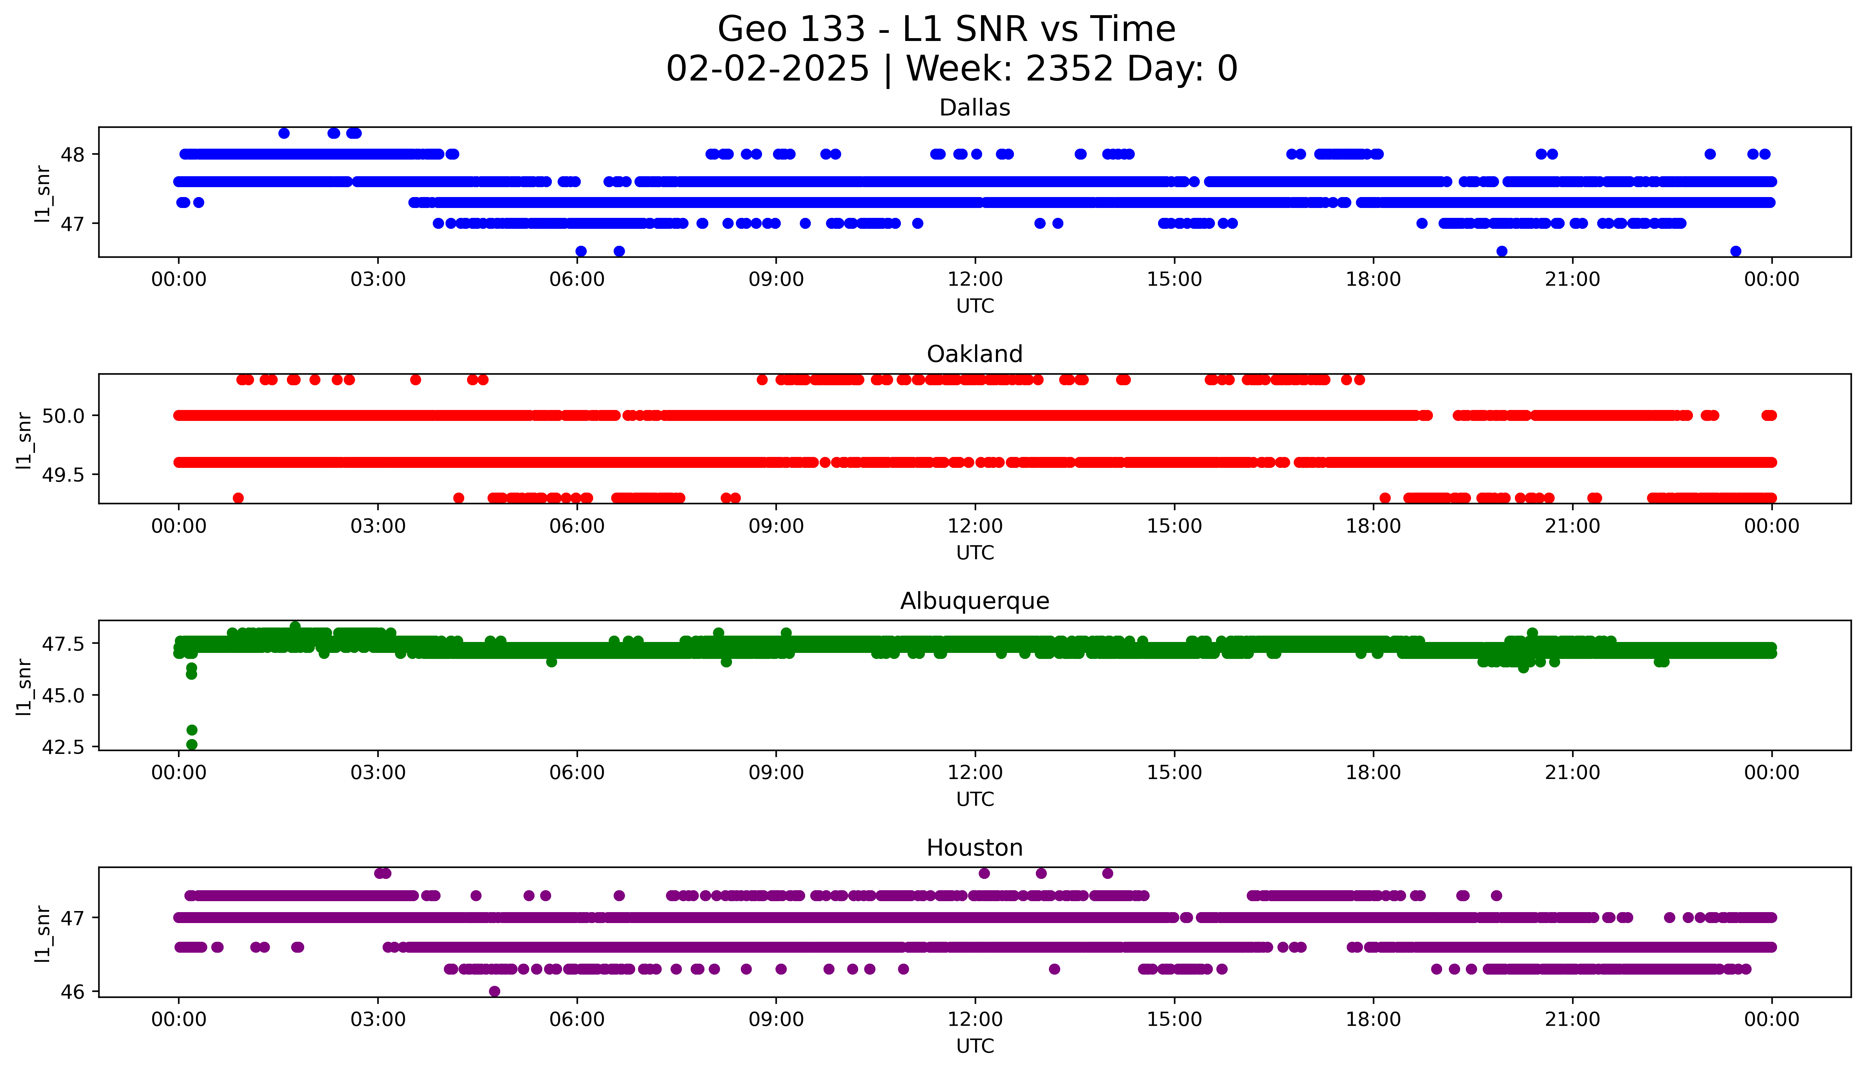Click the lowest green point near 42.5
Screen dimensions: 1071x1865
coord(192,744)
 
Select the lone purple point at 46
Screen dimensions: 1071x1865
coord(494,992)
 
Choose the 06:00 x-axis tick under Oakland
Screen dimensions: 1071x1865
coord(577,526)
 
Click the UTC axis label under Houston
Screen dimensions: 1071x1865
coord(975,1046)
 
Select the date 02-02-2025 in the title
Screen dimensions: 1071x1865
coord(767,69)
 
